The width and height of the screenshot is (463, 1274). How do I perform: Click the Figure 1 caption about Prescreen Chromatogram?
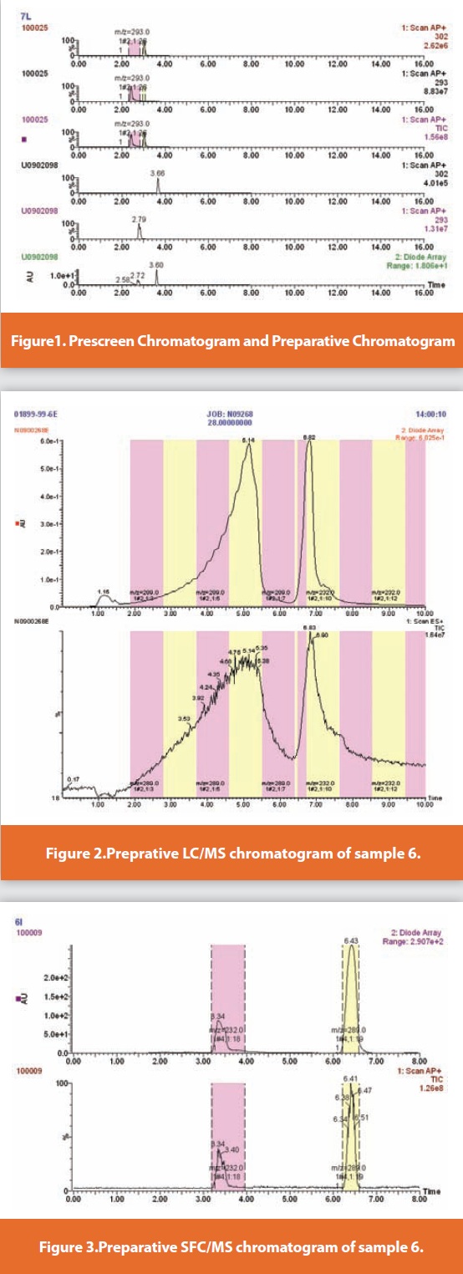pos(231,340)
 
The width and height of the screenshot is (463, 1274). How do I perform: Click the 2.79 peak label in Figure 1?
pos(139,217)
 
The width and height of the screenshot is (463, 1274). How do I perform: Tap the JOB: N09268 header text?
pos(231,414)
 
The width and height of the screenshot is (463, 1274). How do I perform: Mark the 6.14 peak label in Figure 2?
pos(247,439)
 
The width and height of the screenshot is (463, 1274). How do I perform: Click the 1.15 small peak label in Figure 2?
pos(104,592)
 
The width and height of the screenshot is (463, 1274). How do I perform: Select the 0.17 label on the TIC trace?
pos(74,778)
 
